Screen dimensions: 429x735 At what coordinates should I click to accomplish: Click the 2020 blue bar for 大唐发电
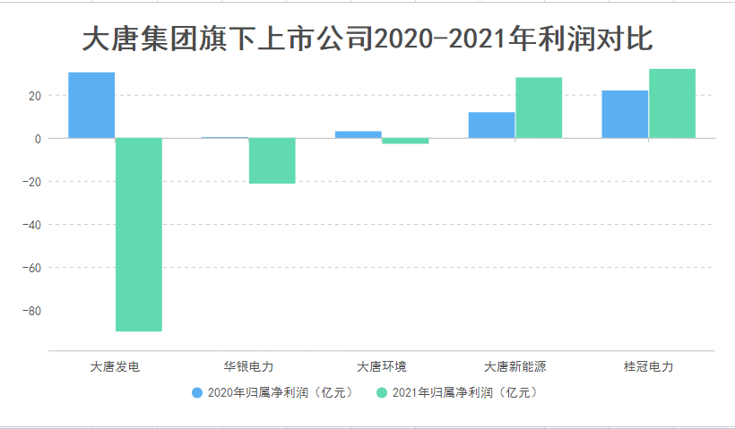pyautogui.click(x=91, y=105)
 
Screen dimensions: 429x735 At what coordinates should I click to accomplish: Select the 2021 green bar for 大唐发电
pyautogui.click(x=139, y=235)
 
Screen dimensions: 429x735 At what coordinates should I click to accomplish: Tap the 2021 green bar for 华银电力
pyautogui.click(x=272, y=161)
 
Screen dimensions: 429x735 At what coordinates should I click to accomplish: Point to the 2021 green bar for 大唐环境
pyautogui.click(x=405, y=141)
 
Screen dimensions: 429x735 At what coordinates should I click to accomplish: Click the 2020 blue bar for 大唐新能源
pyautogui.click(x=491, y=124)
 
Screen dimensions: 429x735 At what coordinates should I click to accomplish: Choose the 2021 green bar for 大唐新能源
pyautogui.click(x=539, y=107)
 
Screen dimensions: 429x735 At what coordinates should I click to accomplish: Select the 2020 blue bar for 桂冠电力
pyautogui.click(x=625, y=114)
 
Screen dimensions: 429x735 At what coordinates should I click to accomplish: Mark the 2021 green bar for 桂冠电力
pyautogui.click(x=672, y=103)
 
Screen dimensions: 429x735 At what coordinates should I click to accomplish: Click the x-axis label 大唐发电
pyautogui.click(x=115, y=366)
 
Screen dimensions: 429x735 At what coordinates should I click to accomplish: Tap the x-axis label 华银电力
pyautogui.click(x=248, y=366)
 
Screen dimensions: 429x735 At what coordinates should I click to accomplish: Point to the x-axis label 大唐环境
pyautogui.click(x=381, y=366)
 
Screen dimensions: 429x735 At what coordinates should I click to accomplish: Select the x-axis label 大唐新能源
pyautogui.click(x=514, y=366)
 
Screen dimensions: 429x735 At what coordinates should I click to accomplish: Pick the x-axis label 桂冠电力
pyautogui.click(x=648, y=366)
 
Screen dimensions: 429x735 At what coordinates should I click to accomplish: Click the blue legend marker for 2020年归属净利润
pyautogui.click(x=197, y=392)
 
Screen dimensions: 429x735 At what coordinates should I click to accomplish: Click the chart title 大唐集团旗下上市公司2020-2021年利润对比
pyautogui.click(x=367, y=40)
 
